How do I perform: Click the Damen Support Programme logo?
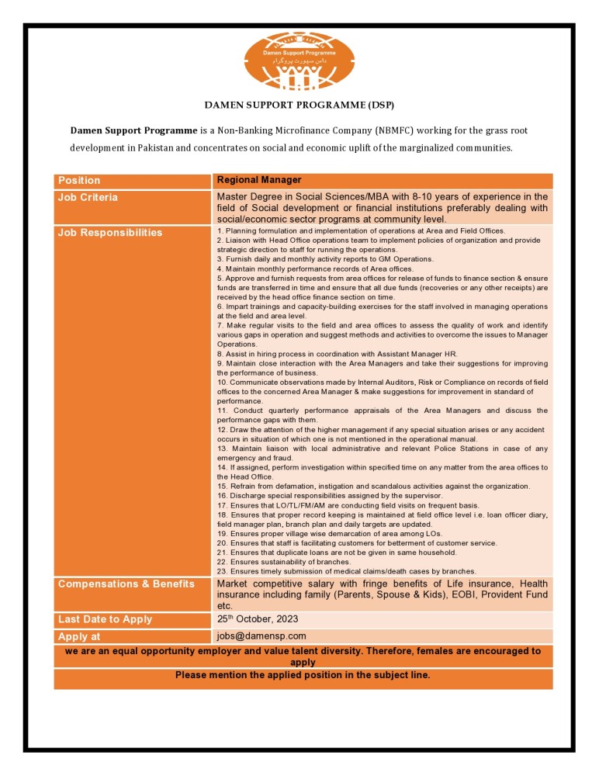point(299,61)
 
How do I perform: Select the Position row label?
point(79,180)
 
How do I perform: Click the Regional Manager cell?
point(259,180)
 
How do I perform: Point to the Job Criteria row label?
point(88,197)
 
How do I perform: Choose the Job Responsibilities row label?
point(110,232)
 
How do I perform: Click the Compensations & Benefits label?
point(126,584)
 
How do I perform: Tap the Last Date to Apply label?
point(106,619)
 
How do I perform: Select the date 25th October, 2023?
point(258,619)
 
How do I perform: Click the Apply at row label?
point(85,636)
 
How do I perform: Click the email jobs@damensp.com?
point(261,636)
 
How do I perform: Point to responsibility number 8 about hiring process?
point(338,353)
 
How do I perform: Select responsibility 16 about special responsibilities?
point(330,495)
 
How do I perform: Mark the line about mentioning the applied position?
point(303,675)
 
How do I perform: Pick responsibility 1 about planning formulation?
point(361,230)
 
